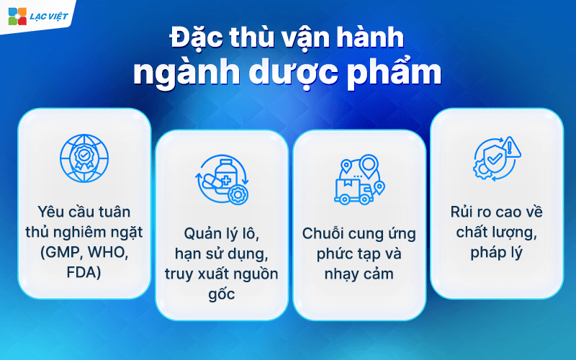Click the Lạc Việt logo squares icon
(x=16, y=16)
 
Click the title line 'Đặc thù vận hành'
(x=287, y=38)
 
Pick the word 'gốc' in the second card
(x=221, y=292)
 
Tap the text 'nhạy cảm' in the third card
(x=359, y=274)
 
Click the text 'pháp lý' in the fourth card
(x=497, y=253)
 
